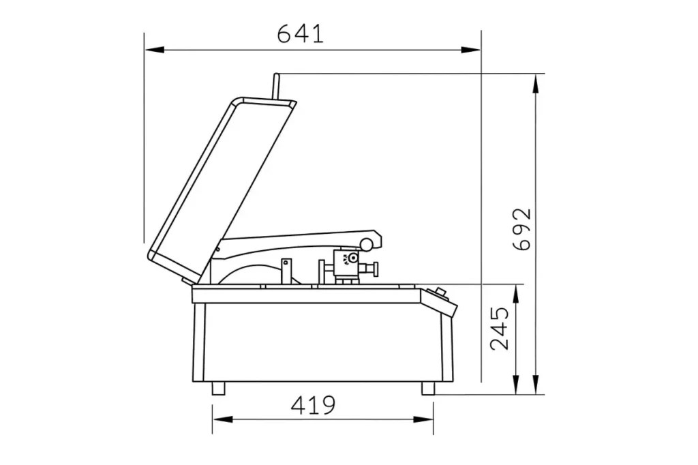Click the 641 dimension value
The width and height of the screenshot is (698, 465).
point(301,34)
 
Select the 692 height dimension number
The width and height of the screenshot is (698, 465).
point(522,229)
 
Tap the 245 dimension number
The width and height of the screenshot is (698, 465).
point(499,328)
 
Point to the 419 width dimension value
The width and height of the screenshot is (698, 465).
point(313,405)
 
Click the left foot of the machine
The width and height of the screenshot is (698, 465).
point(219,389)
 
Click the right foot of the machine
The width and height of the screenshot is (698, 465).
point(428,389)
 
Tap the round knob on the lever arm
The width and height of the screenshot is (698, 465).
point(367,245)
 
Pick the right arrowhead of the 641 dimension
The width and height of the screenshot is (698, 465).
point(471,50)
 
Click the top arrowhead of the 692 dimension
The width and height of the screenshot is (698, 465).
point(537,83)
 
